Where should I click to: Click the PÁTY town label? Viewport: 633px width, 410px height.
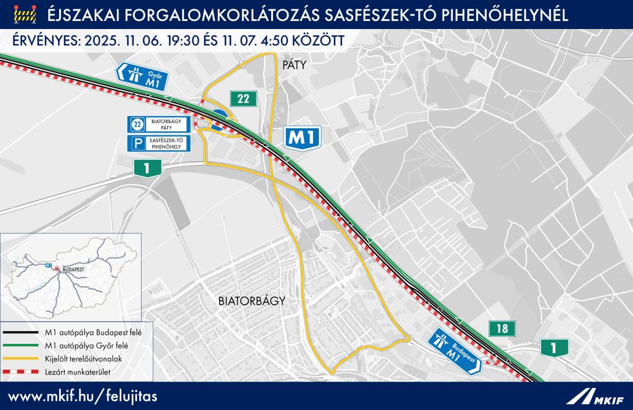point(294,65)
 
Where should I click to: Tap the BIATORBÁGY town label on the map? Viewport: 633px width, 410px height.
point(252,301)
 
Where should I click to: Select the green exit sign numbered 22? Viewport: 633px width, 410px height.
point(243,99)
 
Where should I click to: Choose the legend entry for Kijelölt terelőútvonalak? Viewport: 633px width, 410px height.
point(81,358)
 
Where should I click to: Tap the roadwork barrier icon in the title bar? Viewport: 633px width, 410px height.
point(24,13)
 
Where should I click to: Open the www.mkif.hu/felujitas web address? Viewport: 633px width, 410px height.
point(81,396)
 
